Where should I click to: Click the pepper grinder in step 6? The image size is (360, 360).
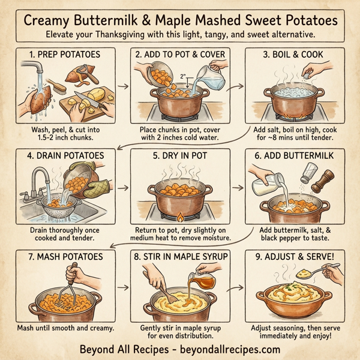[325, 182]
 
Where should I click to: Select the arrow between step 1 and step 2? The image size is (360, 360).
[122, 86]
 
